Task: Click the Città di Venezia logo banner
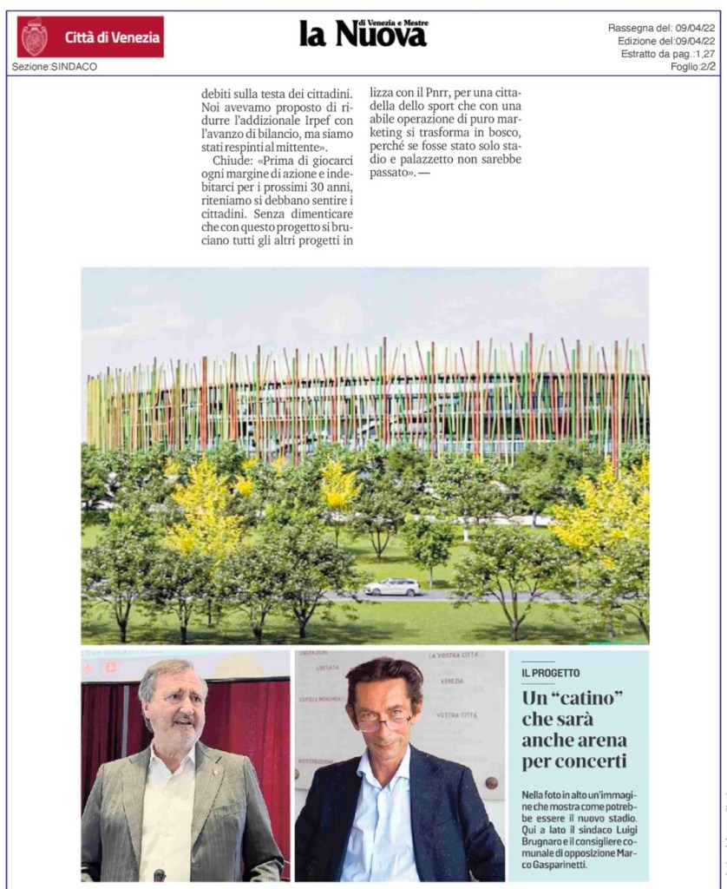coord(90,36)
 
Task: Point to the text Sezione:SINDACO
coord(55,67)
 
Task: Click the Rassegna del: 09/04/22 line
coord(661,28)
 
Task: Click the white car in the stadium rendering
coord(392,587)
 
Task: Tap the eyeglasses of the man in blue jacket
coord(383,721)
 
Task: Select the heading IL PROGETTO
coord(551,673)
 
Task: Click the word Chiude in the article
coord(232,161)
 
